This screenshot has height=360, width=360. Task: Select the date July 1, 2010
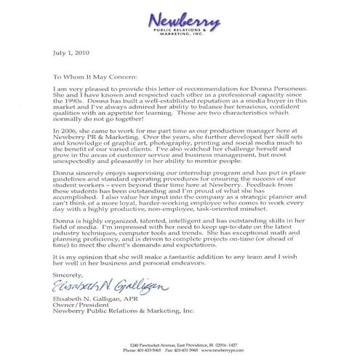coord(71,53)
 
